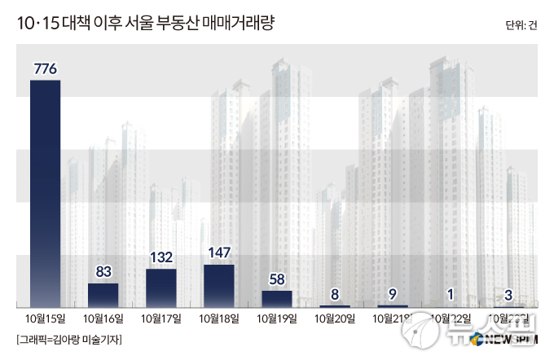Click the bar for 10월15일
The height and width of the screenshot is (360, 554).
tap(45, 193)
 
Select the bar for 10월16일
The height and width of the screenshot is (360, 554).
tap(103, 294)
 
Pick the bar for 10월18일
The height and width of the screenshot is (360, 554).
tap(218, 285)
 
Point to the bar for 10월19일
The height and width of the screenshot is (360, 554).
tap(276, 298)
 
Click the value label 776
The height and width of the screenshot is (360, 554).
tap(45, 68)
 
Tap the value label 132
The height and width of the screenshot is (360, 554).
tap(160, 257)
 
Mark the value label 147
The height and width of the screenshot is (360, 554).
tap(218, 253)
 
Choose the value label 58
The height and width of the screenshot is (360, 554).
tap(276, 279)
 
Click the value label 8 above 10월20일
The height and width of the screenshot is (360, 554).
tap(335, 294)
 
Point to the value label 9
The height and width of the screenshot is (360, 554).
tap(393, 294)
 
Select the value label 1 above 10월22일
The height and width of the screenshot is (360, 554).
tap(451, 294)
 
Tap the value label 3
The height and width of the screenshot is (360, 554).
tap(508, 294)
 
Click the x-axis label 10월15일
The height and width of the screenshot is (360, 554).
tap(45, 318)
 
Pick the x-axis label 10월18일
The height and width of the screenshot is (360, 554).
tap(218, 318)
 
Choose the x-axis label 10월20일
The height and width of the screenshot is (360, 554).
tap(335, 318)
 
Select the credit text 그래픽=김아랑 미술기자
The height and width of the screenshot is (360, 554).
tap(68, 340)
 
